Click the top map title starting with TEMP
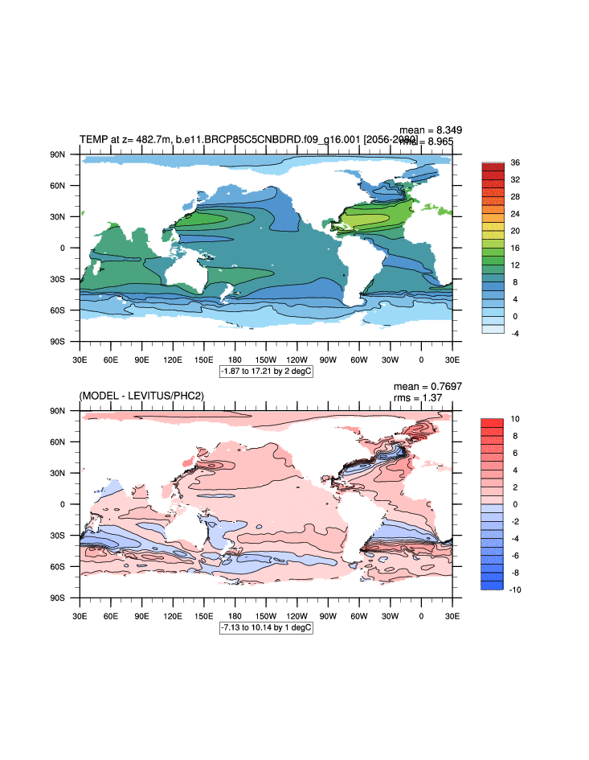coord(241,140)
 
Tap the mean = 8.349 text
coord(431,129)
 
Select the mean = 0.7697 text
coord(427,386)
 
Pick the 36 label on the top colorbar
coord(515,162)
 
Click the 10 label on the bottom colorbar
coord(515,419)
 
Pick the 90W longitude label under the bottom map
coord(328,615)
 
